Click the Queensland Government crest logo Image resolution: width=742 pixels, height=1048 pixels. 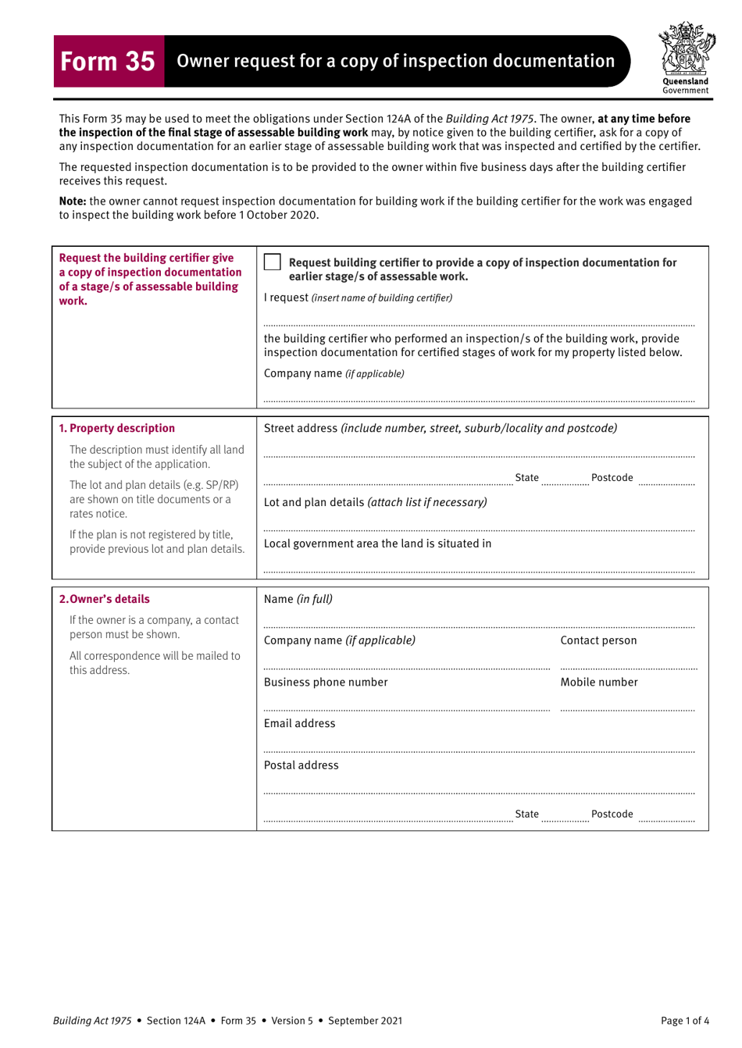(x=685, y=56)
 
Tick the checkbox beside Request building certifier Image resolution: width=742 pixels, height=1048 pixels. (x=272, y=262)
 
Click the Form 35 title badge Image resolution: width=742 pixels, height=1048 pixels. (x=109, y=61)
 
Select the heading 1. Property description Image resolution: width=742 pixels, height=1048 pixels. (x=117, y=428)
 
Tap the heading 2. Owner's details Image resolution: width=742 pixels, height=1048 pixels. (x=105, y=599)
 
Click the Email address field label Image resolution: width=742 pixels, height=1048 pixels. (x=299, y=723)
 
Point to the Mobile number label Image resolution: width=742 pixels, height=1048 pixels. (x=598, y=682)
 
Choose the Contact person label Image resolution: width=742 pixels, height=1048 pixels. (x=598, y=640)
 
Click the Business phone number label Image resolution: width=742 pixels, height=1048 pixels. (x=326, y=682)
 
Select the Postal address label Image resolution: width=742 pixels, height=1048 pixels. (x=301, y=765)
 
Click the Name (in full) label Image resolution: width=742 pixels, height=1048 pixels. (x=298, y=599)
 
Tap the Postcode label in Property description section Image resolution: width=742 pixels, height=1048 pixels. (x=612, y=478)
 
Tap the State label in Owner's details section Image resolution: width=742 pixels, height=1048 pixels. (x=526, y=814)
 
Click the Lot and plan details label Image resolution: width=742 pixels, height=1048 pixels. (x=375, y=502)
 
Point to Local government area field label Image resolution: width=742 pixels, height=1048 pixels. (x=377, y=544)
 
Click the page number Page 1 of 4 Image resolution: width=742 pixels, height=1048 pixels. (x=684, y=1020)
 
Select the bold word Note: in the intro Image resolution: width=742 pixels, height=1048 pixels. (x=73, y=201)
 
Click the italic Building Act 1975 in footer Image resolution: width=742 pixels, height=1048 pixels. (x=92, y=1020)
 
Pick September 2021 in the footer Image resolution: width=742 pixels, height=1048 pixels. (x=365, y=1020)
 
